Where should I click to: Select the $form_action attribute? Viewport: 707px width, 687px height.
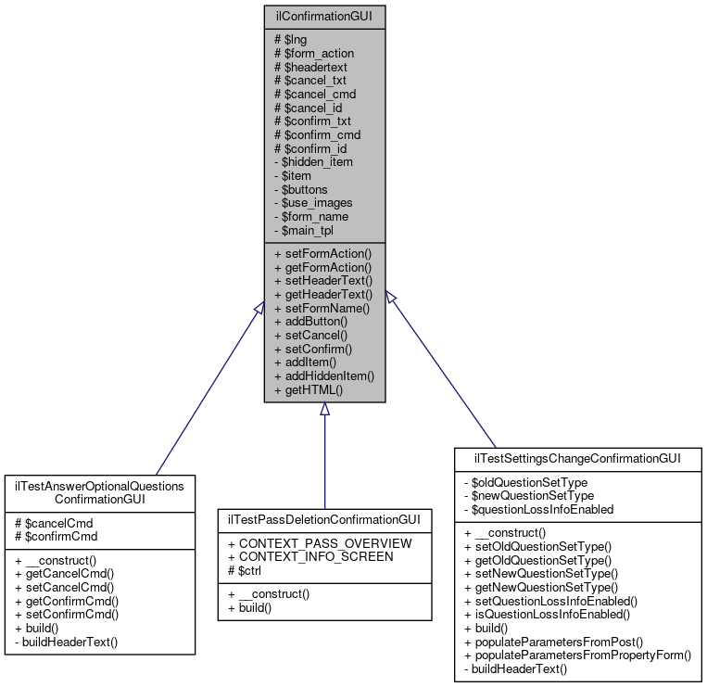pos(314,54)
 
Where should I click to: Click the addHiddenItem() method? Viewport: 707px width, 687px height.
pos(324,376)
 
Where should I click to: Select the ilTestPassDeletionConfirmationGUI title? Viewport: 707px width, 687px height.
pos(324,517)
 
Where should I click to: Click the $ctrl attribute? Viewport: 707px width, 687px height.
pos(244,569)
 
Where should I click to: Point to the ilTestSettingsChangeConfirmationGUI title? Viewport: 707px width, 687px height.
pos(578,458)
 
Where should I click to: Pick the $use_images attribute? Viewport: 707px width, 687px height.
pos(313,202)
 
